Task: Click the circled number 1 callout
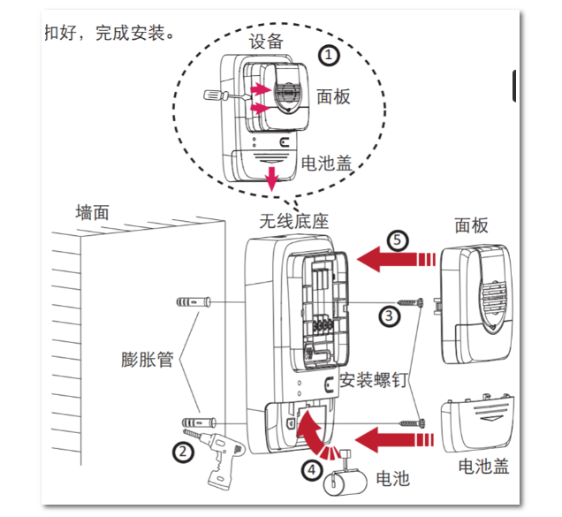[329, 56]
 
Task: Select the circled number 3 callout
[388, 314]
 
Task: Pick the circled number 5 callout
[399, 240]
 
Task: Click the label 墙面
[92, 212]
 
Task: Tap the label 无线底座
[293, 221]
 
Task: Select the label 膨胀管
[147, 360]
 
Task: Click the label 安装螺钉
[373, 381]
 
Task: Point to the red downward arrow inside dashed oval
[273, 176]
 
